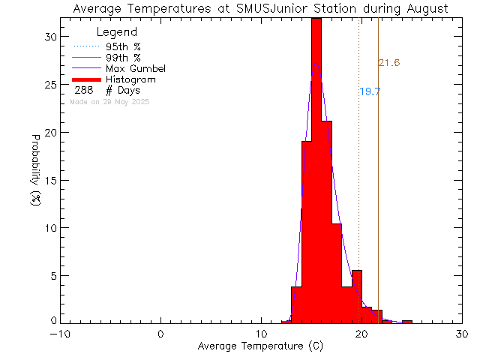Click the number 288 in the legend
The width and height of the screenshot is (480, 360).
click(83, 90)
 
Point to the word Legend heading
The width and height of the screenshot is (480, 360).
click(117, 32)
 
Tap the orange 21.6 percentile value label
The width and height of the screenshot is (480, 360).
click(388, 63)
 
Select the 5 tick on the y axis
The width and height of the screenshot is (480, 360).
click(50, 275)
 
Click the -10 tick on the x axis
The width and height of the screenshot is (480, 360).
click(61, 334)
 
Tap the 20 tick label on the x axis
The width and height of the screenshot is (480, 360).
click(362, 334)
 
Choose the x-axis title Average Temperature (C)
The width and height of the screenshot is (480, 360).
click(262, 346)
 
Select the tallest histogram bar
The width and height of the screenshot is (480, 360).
click(316, 172)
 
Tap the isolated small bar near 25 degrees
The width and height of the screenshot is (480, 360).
click(407, 322)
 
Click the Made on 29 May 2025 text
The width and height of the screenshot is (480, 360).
click(109, 101)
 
